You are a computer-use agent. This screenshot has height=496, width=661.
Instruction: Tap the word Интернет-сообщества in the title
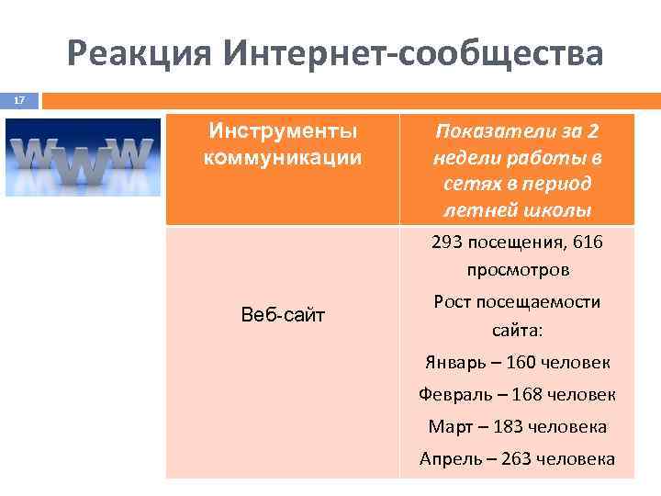(409, 54)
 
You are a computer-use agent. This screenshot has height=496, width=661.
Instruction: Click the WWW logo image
(84, 156)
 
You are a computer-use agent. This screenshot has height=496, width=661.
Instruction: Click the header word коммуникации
(282, 157)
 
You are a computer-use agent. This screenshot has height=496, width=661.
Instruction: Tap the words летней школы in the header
(518, 210)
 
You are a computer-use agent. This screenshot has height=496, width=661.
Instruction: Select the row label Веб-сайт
(282, 315)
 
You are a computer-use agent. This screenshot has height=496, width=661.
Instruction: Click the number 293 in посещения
(447, 242)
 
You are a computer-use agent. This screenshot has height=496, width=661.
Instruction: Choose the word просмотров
(518, 270)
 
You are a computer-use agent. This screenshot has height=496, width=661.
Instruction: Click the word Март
(450, 427)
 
